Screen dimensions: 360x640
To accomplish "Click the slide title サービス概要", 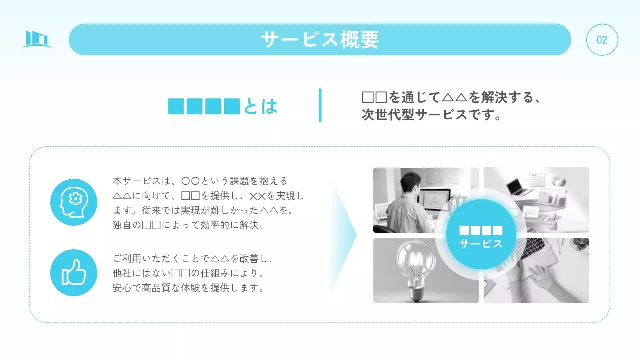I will (320, 39).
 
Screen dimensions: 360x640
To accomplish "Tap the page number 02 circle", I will (602, 40).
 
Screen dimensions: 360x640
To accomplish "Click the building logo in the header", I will (37, 39).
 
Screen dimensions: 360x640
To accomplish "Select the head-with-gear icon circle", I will (74, 202).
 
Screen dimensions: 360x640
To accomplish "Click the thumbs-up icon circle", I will (74, 273).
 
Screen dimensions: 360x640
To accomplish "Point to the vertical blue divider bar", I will (320, 105).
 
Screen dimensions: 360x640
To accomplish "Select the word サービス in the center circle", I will (481, 244).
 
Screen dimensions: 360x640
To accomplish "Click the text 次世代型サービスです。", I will (431, 115).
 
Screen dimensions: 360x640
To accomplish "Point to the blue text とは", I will (260, 106).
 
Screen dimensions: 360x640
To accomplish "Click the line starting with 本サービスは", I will (200, 181).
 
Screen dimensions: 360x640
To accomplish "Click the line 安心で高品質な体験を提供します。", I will (188, 288).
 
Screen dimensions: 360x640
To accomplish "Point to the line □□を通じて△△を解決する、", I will (451, 97).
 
